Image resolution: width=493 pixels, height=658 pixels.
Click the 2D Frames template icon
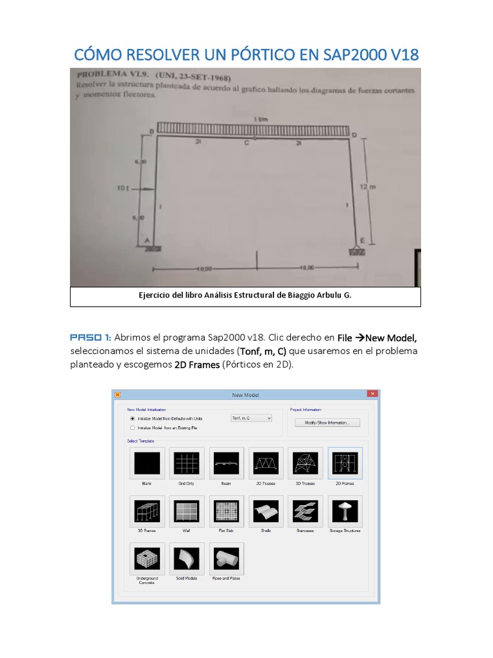(x=345, y=463)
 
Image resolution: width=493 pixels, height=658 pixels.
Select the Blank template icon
(x=147, y=463)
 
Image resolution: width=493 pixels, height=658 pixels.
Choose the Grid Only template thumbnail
(x=187, y=463)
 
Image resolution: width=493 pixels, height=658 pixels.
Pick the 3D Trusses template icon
(x=306, y=463)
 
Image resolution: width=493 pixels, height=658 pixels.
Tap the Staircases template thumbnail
(x=306, y=511)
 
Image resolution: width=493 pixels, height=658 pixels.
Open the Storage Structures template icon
(x=345, y=511)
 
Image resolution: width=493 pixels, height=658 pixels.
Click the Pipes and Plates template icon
(x=226, y=559)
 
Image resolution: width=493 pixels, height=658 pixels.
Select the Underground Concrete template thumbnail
(x=147, y=559)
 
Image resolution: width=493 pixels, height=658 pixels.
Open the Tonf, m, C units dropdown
(x=251, y=418)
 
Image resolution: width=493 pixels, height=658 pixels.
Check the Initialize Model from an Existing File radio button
(x=132, y=427)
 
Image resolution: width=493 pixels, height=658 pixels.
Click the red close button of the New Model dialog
(x=372, y=394)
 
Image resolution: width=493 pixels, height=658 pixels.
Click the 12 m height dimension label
(x=366, y=186)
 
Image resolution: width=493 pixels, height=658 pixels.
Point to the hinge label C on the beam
(x=246, y=143)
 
